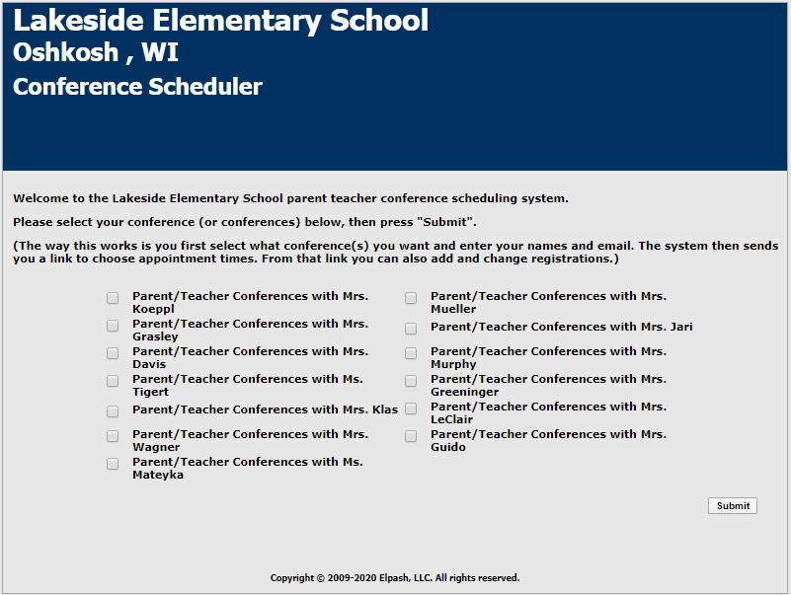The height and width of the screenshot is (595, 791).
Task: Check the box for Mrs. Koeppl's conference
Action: coord(113,297)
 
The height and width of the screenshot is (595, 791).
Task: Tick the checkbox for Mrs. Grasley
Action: coord(113,325)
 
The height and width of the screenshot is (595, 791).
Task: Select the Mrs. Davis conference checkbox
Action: coord(113,352)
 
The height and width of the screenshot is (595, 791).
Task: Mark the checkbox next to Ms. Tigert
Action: coord(113,380)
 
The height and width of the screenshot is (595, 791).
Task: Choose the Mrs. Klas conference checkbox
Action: coord(113,410)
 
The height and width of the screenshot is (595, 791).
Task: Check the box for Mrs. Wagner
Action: coord(113,435)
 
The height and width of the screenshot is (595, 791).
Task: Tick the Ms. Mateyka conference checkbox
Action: coord(113,463)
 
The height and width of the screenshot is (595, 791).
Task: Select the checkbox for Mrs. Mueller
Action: coord(411,297)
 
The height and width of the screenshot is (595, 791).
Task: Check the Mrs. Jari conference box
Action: coord(411,328)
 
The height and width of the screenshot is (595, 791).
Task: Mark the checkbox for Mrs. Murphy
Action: coord(411,352)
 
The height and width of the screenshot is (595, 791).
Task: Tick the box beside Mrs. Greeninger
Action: coord(411,380)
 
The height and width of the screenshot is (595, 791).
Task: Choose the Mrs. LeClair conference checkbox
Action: coord(411,408)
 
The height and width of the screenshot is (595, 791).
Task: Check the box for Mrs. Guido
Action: coord(411,435)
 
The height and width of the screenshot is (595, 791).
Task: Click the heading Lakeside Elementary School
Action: coord(221,21)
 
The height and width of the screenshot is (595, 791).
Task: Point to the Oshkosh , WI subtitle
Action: coord(96,53)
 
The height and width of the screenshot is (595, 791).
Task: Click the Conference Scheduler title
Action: coord(137,87)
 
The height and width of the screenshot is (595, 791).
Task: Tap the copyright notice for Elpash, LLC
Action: coord(395,578)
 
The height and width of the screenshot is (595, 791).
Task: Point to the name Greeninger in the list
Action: coord(464,392)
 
